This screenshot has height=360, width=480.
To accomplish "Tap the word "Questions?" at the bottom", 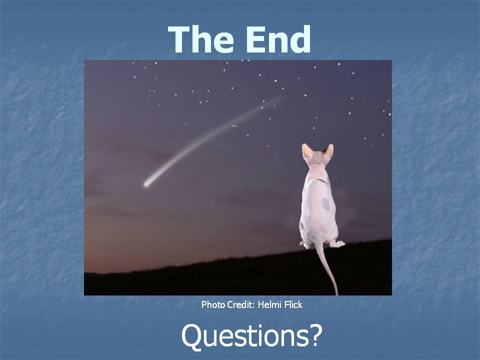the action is [x=251, y=336].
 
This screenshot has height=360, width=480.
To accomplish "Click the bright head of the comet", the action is [x=147, y=184].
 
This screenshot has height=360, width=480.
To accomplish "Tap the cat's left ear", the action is [x=306, y=151].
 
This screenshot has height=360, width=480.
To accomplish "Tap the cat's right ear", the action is [x=329, y=151].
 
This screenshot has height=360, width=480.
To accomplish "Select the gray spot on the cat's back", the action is [x=325, y=204].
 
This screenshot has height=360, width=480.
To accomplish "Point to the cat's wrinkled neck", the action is [x=317, y=170].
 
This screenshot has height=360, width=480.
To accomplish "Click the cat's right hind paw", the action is [x=337, y=243].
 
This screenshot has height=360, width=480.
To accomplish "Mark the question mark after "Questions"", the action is [x=316, y=335].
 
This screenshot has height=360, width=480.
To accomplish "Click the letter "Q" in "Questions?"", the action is [x=191, y=336].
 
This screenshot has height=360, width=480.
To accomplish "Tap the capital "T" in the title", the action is [x=178, y=39].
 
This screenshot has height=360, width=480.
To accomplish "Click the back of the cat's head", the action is [x=318, y=158].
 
